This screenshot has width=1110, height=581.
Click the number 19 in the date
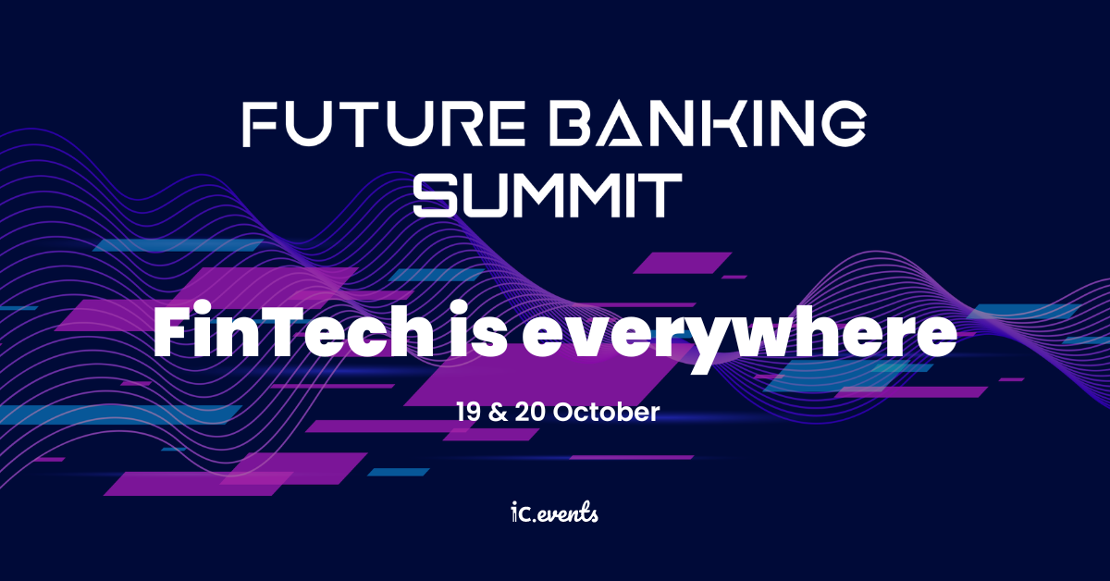tap(470, 412)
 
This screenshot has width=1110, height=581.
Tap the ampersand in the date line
tap(502, 412)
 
